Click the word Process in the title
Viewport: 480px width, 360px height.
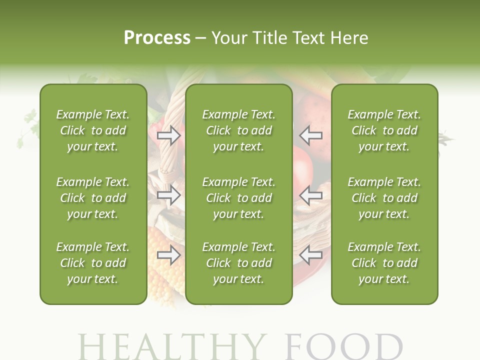(157, 37)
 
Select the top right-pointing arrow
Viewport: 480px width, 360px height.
(169, 135)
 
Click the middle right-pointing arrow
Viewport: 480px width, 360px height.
(169, 195)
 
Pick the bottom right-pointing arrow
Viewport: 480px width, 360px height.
(169, 255)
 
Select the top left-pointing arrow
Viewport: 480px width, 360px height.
(311, 135)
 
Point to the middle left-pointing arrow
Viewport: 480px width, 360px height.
(311, 195)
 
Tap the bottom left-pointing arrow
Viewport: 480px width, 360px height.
(311, 255)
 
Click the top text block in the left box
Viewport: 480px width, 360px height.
(93, 130)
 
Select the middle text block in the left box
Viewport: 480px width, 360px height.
(93, 198)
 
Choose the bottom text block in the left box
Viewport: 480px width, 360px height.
(93, 263)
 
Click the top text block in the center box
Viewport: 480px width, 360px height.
(238, 130)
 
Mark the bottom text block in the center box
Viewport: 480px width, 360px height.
(238, 263)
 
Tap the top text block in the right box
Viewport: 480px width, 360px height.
(384, 130)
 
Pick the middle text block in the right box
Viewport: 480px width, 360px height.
(384, 198)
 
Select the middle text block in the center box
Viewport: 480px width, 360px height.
(238, 198)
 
